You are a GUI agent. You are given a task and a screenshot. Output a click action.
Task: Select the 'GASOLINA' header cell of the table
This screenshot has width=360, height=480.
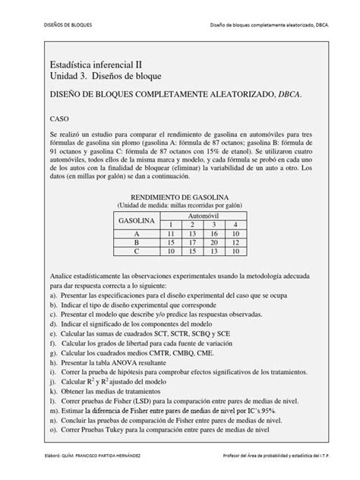(137, 219)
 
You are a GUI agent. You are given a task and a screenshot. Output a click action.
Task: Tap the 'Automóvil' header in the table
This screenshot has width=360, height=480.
(203, 215)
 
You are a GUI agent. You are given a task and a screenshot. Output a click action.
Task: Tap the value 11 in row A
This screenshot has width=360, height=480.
(172, 233)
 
